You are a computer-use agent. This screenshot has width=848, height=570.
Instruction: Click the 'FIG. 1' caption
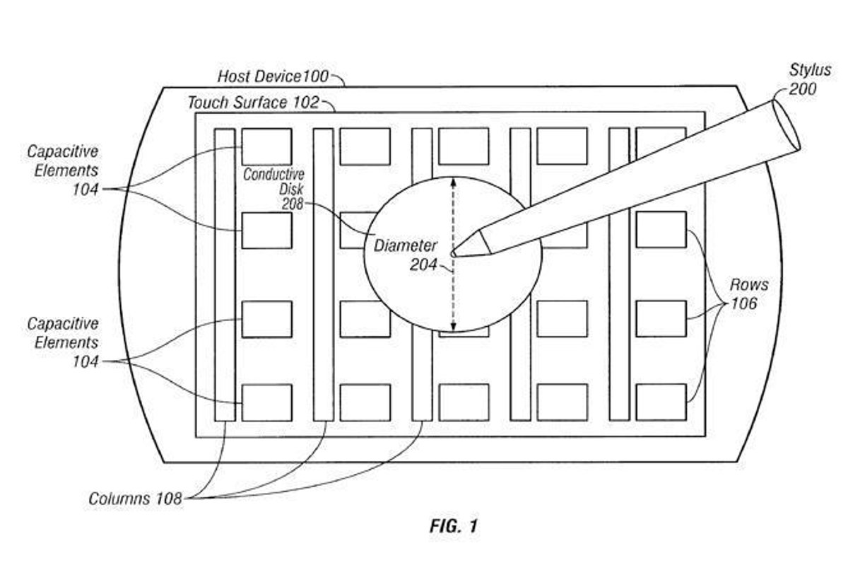coord(454,526)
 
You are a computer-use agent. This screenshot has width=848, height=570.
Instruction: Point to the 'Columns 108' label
coord(135,499)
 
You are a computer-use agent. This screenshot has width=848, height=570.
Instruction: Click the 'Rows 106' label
coord(750,295)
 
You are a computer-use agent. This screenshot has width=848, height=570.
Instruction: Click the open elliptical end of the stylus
coord(786,124)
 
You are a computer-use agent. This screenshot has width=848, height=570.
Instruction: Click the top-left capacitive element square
coord(266,146)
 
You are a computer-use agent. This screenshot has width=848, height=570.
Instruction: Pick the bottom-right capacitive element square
coord(661,402)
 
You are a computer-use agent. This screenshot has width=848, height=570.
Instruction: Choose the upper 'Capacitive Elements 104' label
coord(62,170)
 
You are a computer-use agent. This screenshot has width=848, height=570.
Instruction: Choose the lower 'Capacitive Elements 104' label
coord(62,342)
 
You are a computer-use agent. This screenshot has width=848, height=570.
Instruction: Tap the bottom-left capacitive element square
coord(266,402)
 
